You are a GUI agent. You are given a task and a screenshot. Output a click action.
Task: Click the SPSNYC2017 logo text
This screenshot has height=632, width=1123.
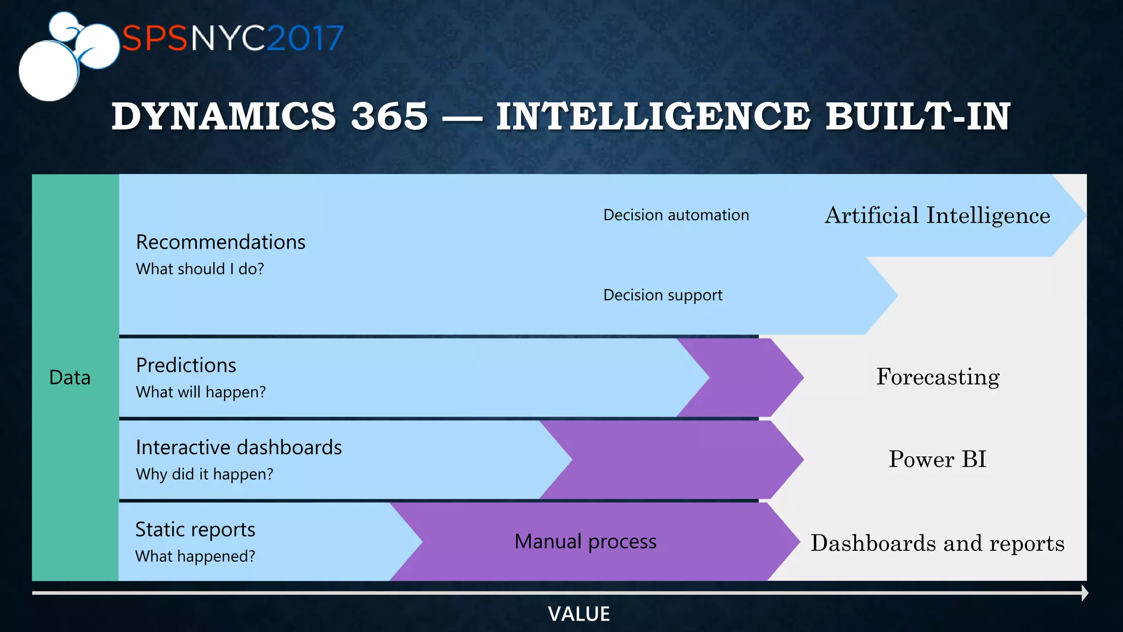[232, 38]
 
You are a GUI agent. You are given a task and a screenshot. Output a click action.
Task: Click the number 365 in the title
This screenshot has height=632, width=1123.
[389, 116]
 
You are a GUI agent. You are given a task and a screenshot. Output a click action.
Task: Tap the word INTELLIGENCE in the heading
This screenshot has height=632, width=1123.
[653, 116]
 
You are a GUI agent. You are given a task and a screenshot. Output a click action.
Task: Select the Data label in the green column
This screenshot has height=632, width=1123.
[70, 377]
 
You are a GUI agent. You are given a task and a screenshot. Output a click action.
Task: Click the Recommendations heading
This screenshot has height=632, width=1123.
[220, 242]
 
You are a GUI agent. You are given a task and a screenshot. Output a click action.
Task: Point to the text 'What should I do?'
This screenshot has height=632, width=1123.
[200, 269]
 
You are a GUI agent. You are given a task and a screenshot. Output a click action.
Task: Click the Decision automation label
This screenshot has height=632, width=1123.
[676, 215]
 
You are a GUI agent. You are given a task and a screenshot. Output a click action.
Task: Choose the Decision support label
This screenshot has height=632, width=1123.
[662, 295]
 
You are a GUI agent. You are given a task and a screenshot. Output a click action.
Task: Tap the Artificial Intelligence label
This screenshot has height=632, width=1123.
[937, 215]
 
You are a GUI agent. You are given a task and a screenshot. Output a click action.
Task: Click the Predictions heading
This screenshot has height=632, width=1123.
[186, 365]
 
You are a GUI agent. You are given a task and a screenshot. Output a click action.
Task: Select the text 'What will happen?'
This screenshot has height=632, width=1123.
[201, 392]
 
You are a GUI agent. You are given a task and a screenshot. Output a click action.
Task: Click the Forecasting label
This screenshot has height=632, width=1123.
[938, 377]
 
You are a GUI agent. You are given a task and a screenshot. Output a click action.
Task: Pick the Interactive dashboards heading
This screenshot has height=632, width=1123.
[239, 448]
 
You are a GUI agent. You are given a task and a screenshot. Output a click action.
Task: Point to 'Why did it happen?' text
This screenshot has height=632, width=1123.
[205, 474]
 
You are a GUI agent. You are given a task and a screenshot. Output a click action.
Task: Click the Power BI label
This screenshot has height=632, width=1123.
[937, 459]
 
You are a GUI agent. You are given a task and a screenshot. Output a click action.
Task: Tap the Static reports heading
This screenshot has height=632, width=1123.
[195, 529]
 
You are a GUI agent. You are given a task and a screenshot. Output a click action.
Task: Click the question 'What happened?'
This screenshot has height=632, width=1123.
[195, 556]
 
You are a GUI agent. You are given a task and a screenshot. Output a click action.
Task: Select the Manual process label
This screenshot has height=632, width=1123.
[585, 541]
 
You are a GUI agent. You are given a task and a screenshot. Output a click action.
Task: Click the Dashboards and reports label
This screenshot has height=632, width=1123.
[937, 543]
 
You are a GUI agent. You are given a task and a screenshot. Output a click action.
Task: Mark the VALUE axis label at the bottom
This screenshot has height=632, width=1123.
[578, 614]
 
